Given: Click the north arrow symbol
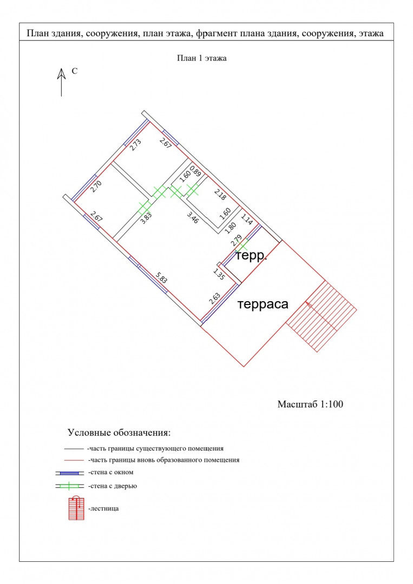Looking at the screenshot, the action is (x=61, y=82).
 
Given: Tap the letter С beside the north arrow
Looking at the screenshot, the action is (x=75, y=71).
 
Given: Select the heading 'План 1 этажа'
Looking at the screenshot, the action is (x=202, y=58).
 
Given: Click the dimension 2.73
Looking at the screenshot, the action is (x=135, y=145).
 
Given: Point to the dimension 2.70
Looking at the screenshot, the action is (x=96, y=186).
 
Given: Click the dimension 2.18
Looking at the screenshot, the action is (x=220, y=195).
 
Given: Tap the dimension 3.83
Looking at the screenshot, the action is (x=146, y=218).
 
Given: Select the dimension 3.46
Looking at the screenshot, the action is (x=192, y=217).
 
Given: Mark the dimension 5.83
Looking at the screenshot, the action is (x=161, y=277).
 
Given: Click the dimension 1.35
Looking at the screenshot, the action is (x=219, y=274).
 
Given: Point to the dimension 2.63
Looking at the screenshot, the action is (x=214, y=298).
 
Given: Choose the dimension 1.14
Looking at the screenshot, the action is (x=247, y=218).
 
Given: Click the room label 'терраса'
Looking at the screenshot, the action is (x=263, y=304).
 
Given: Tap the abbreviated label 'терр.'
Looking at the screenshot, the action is (x=251, y=257).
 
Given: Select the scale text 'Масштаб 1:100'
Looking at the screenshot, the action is (x=310, y=404).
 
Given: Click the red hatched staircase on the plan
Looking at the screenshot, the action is (x=322, y=316).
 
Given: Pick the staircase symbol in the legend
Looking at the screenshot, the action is (x=76, y=508).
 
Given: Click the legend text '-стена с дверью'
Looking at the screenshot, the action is (x=113, y=486).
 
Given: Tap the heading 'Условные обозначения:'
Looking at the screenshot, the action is (x=119, y=433).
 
